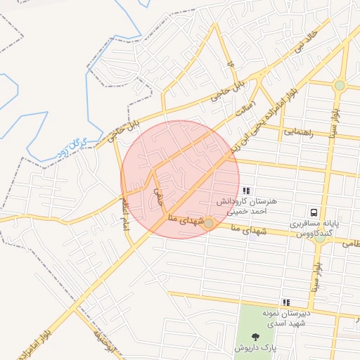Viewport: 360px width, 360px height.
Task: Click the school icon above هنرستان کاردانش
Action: pyautogui.click(x=245, y=191)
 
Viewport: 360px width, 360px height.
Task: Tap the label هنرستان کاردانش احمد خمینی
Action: pyautogui.click(x=254, y=205)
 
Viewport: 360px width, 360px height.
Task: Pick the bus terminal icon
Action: pyautogui.click(x=314, y=212)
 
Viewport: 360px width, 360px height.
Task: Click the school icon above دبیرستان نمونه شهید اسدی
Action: pyautogui.click(x=285, y=302)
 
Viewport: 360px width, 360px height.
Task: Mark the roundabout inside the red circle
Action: pyautogui.click(x=208, y=224)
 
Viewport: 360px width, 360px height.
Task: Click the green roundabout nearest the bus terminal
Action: pyautogui.click(x=319, y=238)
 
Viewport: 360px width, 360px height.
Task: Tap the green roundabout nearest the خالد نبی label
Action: pyautogui.click(x=340, y=86)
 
